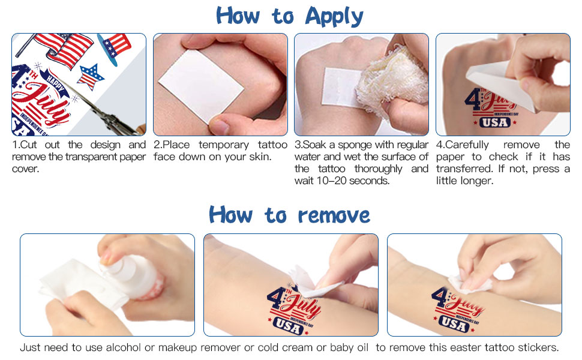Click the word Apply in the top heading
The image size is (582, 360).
pyautogui.click(x=334, y=17)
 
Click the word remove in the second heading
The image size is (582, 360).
pyautogui.click(x=334, y=215)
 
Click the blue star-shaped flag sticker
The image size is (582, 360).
pyautogui.click(x=90, y=76)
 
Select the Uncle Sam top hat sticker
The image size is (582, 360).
pyautogui.click(x=114, y=47)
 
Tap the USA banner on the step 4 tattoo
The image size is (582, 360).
pyautogui.click(x=495, y=122)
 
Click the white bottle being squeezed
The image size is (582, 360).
pyautogui.click(x=131, y=275)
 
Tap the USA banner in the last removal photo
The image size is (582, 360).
pyautogui.click(x=454, y=323)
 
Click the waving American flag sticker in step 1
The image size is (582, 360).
pyautogui.click(x=63, y=50)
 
